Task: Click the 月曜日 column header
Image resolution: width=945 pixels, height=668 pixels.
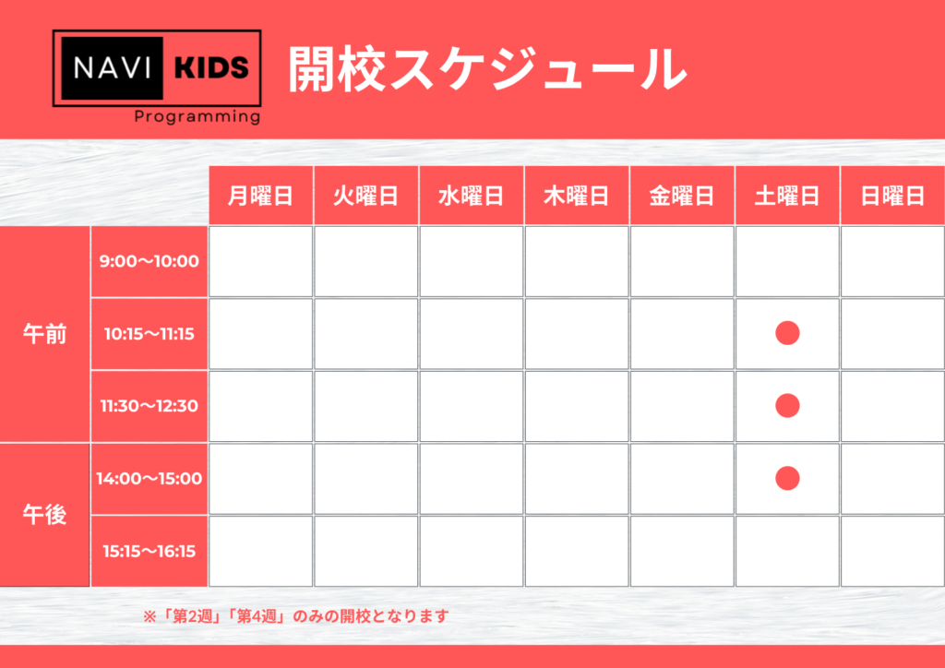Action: pyautogui.click(x=260, y=196)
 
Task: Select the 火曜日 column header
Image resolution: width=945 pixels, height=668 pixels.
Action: pyautogui.click(x=365, y=196)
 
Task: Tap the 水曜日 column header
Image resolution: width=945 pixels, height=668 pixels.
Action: pyautogui.click(x=472, y=196)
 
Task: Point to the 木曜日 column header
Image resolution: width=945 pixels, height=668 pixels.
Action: pyautogui.click(x=576, y=196)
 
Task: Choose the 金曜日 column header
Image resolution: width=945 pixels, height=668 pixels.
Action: pyautogui.click(x=682, y=196)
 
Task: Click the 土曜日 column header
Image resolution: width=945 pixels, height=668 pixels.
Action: pyautogui.click(x=787, y=196)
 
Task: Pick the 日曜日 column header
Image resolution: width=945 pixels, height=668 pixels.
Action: pyautogui.click(x=892, y=196)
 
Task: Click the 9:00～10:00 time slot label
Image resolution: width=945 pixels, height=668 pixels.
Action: pyautogui.click(x=150, y=261)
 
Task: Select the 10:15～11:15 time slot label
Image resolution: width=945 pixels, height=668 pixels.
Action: pyautogui.click(x=150, y=334)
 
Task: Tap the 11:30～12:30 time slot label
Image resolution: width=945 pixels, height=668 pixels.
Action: pyautogui.click(x=150, y=406)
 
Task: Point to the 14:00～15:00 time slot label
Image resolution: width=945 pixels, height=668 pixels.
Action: pyautogui.click(x=150, y=479)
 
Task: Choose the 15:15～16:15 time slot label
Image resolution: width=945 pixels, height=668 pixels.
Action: pyautogui.click(x=150, y=551)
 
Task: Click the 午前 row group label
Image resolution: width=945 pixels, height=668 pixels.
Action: pyautogui.click(x=44, y=334)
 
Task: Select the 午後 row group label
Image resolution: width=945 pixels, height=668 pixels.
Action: pyautogui.click(x=44, y=515)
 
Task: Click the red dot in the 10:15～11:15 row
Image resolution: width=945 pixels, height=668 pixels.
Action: pyautogui.click(x=787, y=333)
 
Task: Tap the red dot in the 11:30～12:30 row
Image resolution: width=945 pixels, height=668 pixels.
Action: pyautogui.click(x=787, y=405)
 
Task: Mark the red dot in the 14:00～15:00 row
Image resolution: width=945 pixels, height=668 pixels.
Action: pyautogui.click(x=787, y=478)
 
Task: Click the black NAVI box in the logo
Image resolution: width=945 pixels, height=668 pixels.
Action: pyautogui.click(x=112, y=68)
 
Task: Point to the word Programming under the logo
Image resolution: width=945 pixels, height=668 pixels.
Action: pyautogui.click(x=197, y=116)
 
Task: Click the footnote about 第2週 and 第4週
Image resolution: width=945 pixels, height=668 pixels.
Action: pyautogui.click(x=296, y=616)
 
